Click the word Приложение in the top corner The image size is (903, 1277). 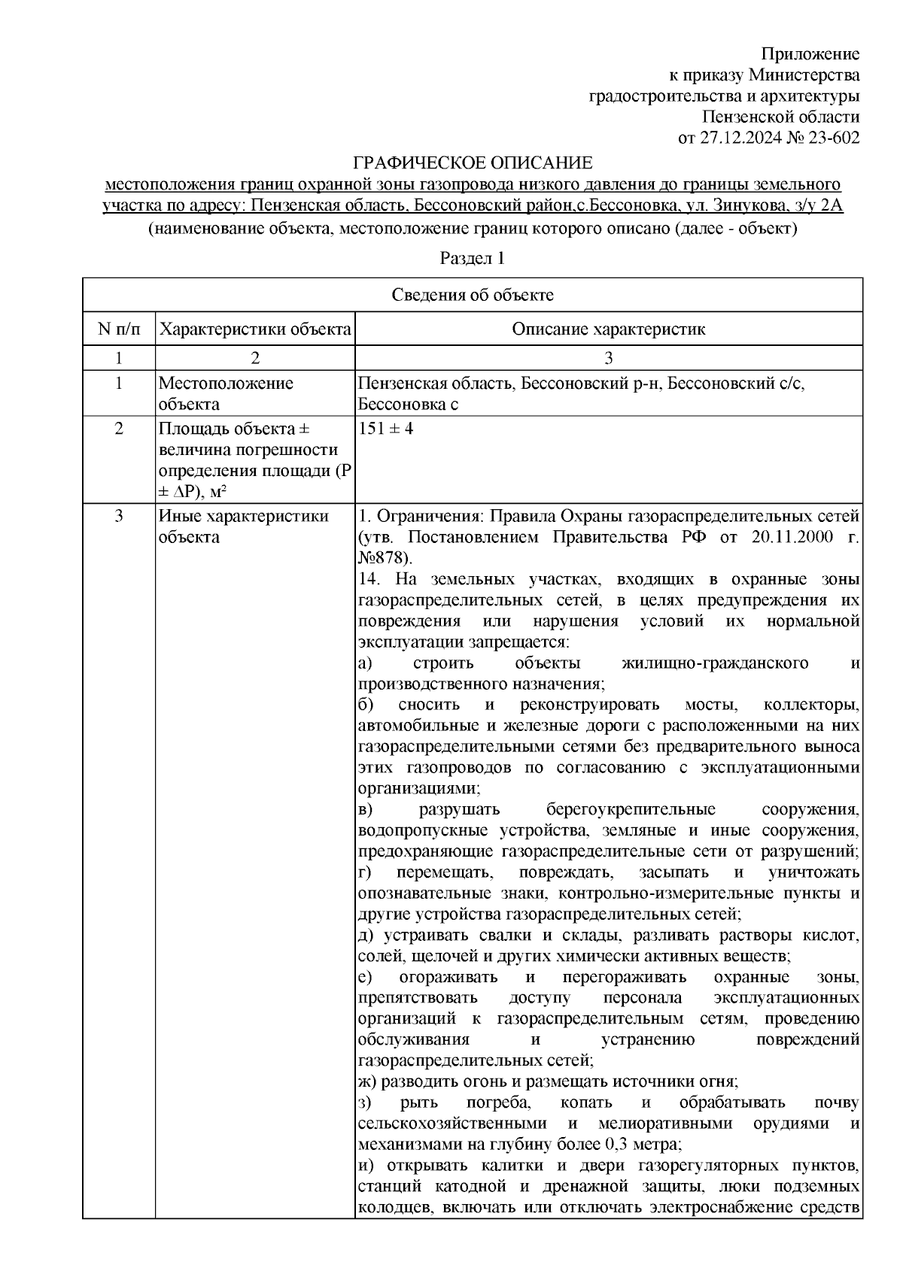[810, 54]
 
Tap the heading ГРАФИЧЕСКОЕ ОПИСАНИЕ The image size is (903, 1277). [473, 162]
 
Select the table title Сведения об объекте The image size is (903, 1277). [473, 295]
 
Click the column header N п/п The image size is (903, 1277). [118, 329]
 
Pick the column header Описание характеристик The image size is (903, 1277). [608, 329]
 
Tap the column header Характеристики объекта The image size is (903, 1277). [256, 329]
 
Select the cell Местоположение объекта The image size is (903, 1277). [226, 393]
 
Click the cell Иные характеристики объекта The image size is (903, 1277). [243, 526]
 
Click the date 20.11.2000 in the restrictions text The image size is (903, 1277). [792, 538]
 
